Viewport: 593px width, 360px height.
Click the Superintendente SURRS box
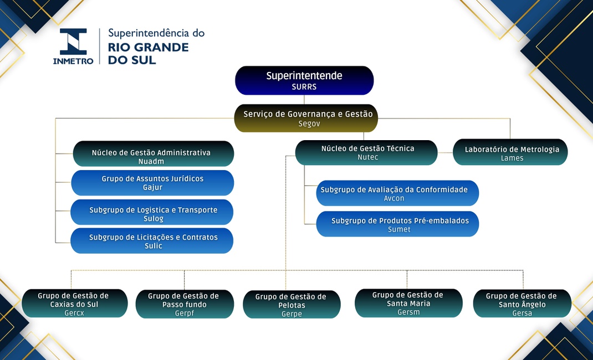(x=304, y=80)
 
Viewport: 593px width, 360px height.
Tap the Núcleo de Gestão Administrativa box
(x=153, y=154)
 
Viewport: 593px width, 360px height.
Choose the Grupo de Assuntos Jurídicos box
(x=152, y=183)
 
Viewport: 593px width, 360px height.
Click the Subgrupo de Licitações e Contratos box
(x=152, y=241)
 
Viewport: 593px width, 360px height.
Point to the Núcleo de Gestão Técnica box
(x=366, y=152)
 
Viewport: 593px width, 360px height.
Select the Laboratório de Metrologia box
(x=510, y=152)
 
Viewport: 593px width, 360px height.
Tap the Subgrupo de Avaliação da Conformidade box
(x=397, y=193)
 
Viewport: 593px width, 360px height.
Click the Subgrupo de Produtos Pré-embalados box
(x=397, y=224)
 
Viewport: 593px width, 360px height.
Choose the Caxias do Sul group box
(x=75, y=304)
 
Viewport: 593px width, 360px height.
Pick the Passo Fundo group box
(x=184, y=304)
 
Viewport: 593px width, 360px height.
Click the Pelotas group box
(x=292, y=305)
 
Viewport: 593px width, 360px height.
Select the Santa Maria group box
(x=408, y=303)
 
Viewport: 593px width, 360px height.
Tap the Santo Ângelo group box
(x=522, y=304)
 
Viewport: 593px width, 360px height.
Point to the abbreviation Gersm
(x=408, y=312)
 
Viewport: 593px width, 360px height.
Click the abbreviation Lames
(x=512, y=158)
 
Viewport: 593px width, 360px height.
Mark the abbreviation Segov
(x=309, y=124)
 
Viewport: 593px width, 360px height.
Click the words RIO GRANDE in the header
(x=148, y=47)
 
